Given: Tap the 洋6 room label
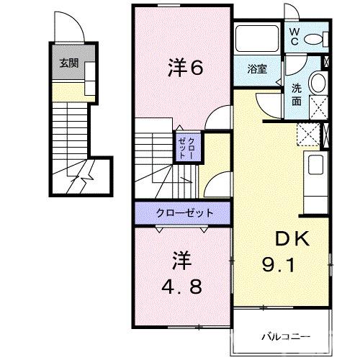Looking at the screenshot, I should pos(186,68).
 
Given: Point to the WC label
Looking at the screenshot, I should pos(294,36).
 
